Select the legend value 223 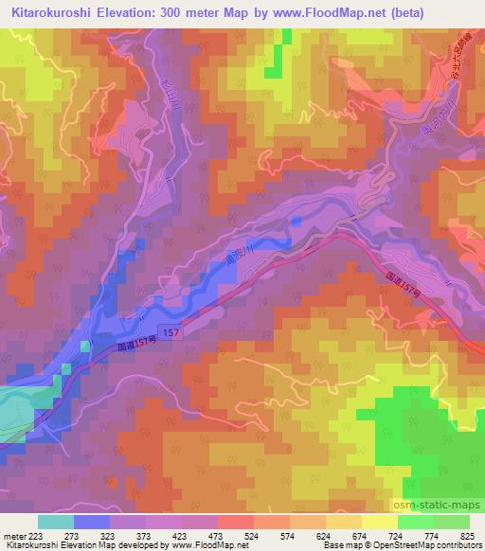pos(32,535)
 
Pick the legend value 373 pos(132,535)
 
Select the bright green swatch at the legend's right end pos(452,522)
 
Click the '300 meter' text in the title pos(190,12)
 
